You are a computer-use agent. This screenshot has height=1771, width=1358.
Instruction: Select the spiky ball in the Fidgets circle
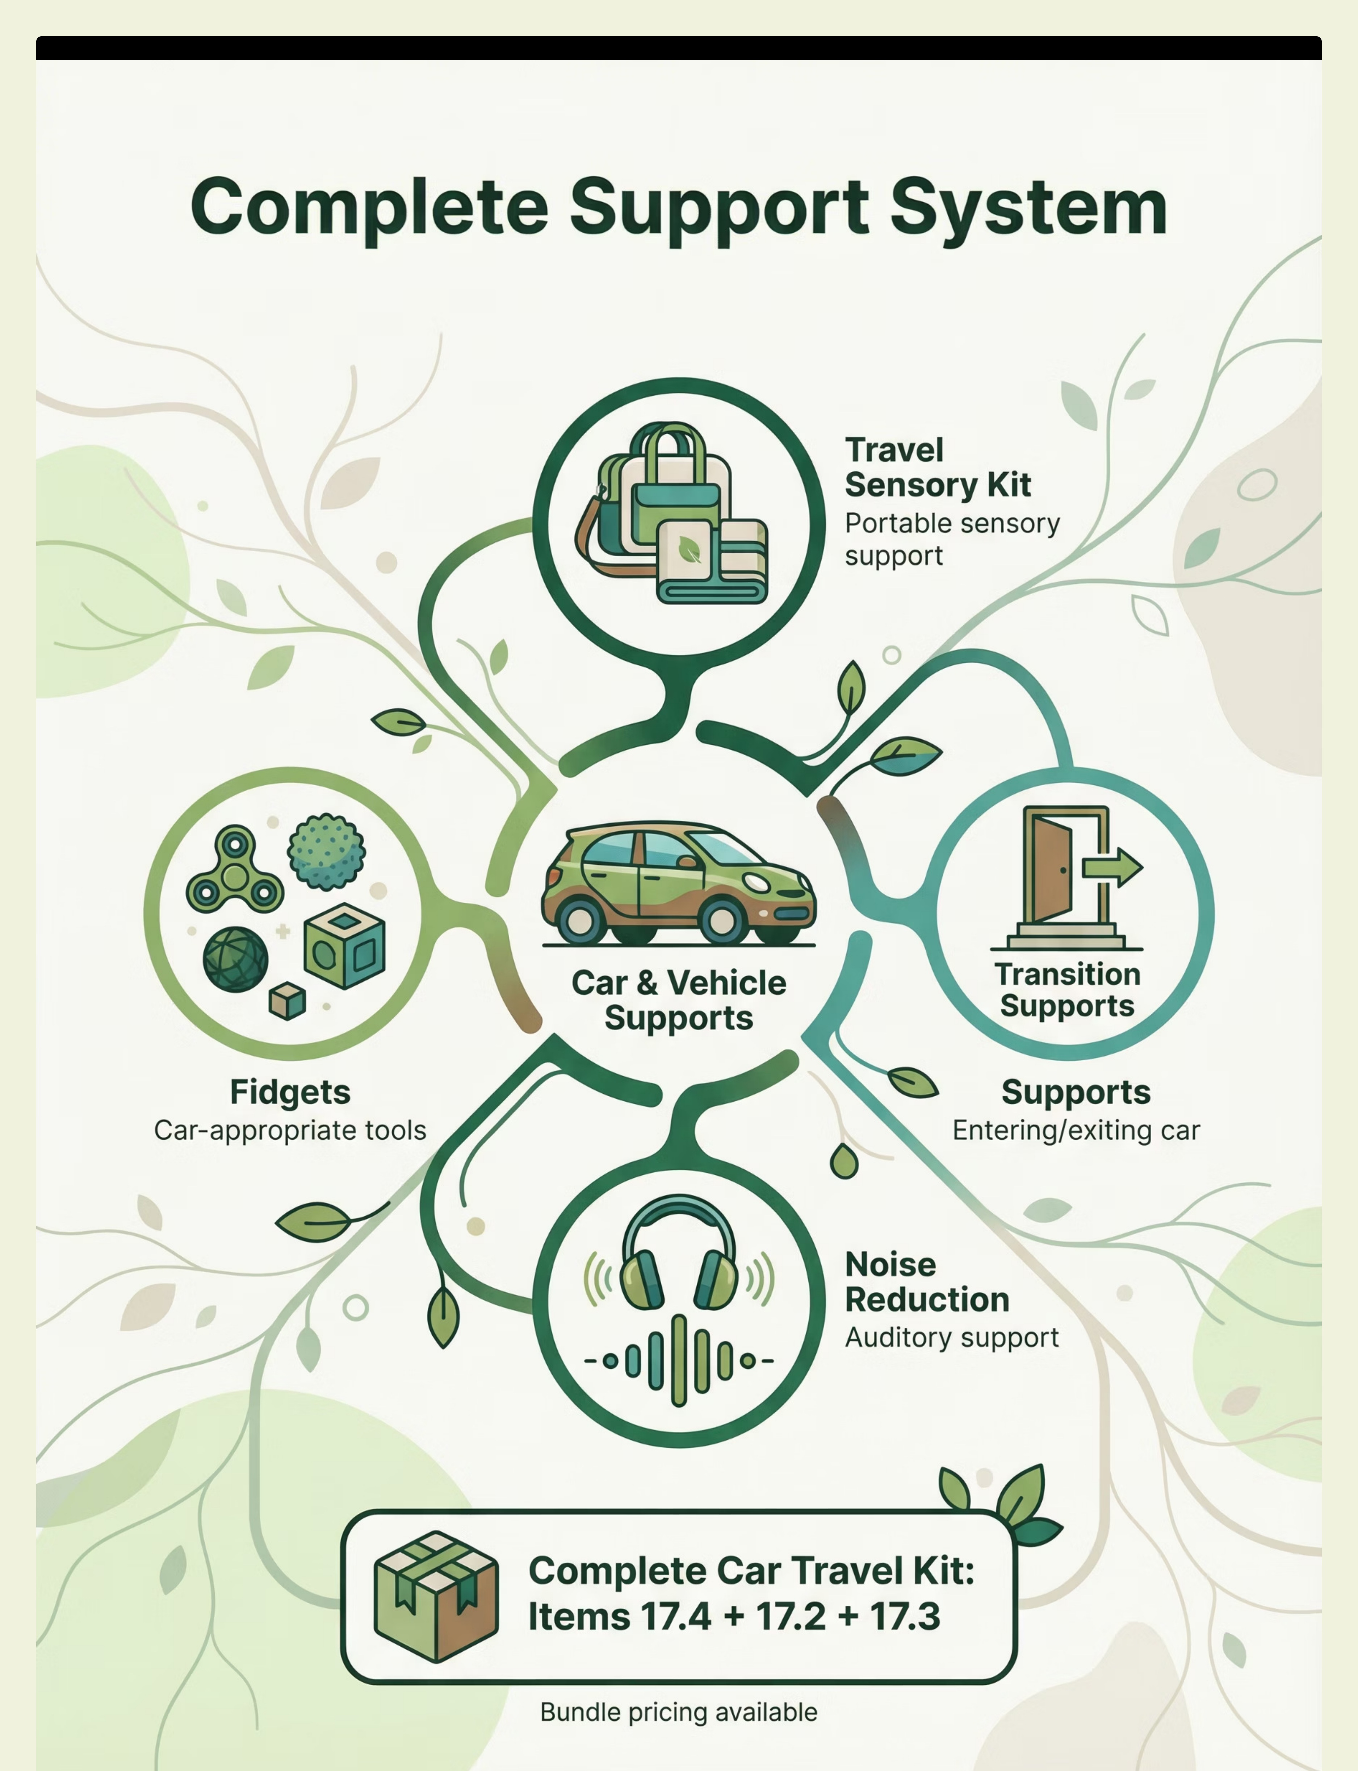coord(327,852)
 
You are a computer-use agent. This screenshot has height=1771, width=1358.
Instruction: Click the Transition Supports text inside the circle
coord(1067,990)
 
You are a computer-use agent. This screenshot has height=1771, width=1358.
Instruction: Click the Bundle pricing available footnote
coord(679,1712)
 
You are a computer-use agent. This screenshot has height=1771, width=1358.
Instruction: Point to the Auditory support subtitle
coord(951,1338)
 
